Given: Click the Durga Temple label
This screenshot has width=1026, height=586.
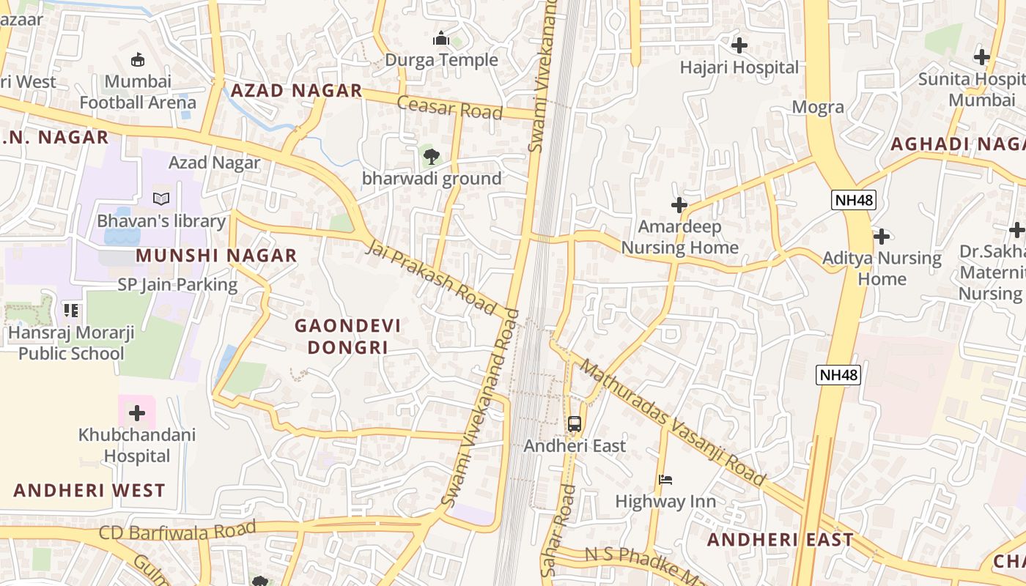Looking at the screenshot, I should tap(441, 60).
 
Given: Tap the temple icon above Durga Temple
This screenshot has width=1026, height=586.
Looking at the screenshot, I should tap(441, 38).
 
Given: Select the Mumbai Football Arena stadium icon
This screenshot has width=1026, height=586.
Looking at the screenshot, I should tap(138, 59).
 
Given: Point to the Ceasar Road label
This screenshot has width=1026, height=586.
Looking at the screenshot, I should tap(450, 108).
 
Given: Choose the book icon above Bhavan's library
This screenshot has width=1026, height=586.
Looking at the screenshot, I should tap(161, 199).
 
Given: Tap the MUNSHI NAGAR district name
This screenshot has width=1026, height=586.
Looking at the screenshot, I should tap(216, 256).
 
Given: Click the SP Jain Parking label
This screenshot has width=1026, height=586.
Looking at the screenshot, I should tap(178, 285).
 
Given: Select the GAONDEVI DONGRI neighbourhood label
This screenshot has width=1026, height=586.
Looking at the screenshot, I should tap(347, 336).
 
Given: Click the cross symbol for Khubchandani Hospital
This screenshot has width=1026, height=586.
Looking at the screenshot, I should tap(137, 413).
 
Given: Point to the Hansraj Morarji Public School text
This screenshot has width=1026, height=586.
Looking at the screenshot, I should tap(71, 344).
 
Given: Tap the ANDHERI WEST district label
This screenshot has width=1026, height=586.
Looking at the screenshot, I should tap(89, 491).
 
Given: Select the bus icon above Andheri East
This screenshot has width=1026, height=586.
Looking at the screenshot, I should tap(575, 423).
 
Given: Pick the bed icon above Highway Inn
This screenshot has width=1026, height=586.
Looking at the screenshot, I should tap(665, 480).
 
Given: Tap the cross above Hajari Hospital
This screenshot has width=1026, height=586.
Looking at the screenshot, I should tap(739, 45).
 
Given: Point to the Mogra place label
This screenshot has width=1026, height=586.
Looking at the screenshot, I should tap(818, 108).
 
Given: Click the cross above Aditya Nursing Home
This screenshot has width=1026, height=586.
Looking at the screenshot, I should tap(882, 236).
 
